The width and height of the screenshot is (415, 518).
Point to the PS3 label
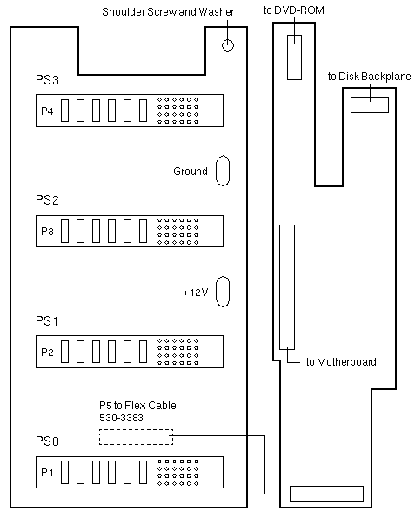pos(47,80)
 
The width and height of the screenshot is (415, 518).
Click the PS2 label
pos(47,200)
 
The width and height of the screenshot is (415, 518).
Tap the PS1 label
pos(47,320)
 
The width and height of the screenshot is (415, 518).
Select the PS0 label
pos(47,441)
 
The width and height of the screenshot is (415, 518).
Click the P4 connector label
pos(47,111)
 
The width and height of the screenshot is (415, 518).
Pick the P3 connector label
pos(47,232)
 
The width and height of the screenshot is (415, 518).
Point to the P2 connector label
pos(47,353)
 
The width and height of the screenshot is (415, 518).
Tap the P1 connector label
pos(47,473)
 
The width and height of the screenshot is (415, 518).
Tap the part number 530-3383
pos(121,418)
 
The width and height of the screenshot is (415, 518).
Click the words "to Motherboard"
pos(341,362)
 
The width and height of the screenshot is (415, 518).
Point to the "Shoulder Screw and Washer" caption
pos(168,12)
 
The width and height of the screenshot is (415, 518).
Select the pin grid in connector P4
pos(178,111)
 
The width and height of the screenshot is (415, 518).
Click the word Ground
pos(191,172)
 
